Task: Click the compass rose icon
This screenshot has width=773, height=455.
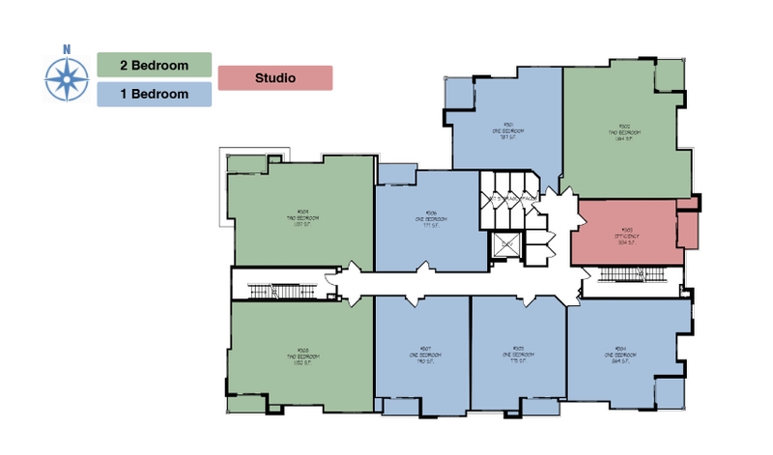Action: (x=67, y=78)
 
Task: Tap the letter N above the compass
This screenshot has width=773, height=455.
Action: (x=67, y=48)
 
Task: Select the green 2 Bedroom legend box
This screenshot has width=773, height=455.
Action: (x=155, y=65)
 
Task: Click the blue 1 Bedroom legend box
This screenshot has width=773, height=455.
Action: (x=155, y=94)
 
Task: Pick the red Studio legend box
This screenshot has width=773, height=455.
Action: (x=275, y=77)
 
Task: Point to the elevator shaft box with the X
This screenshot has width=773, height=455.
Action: (x=505, y=246)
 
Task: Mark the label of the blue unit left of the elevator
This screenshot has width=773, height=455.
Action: (x=430, y=219)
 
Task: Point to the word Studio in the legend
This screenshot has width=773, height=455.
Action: (x=275, y=77)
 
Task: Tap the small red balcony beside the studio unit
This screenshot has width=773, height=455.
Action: (x=687, y=229)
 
